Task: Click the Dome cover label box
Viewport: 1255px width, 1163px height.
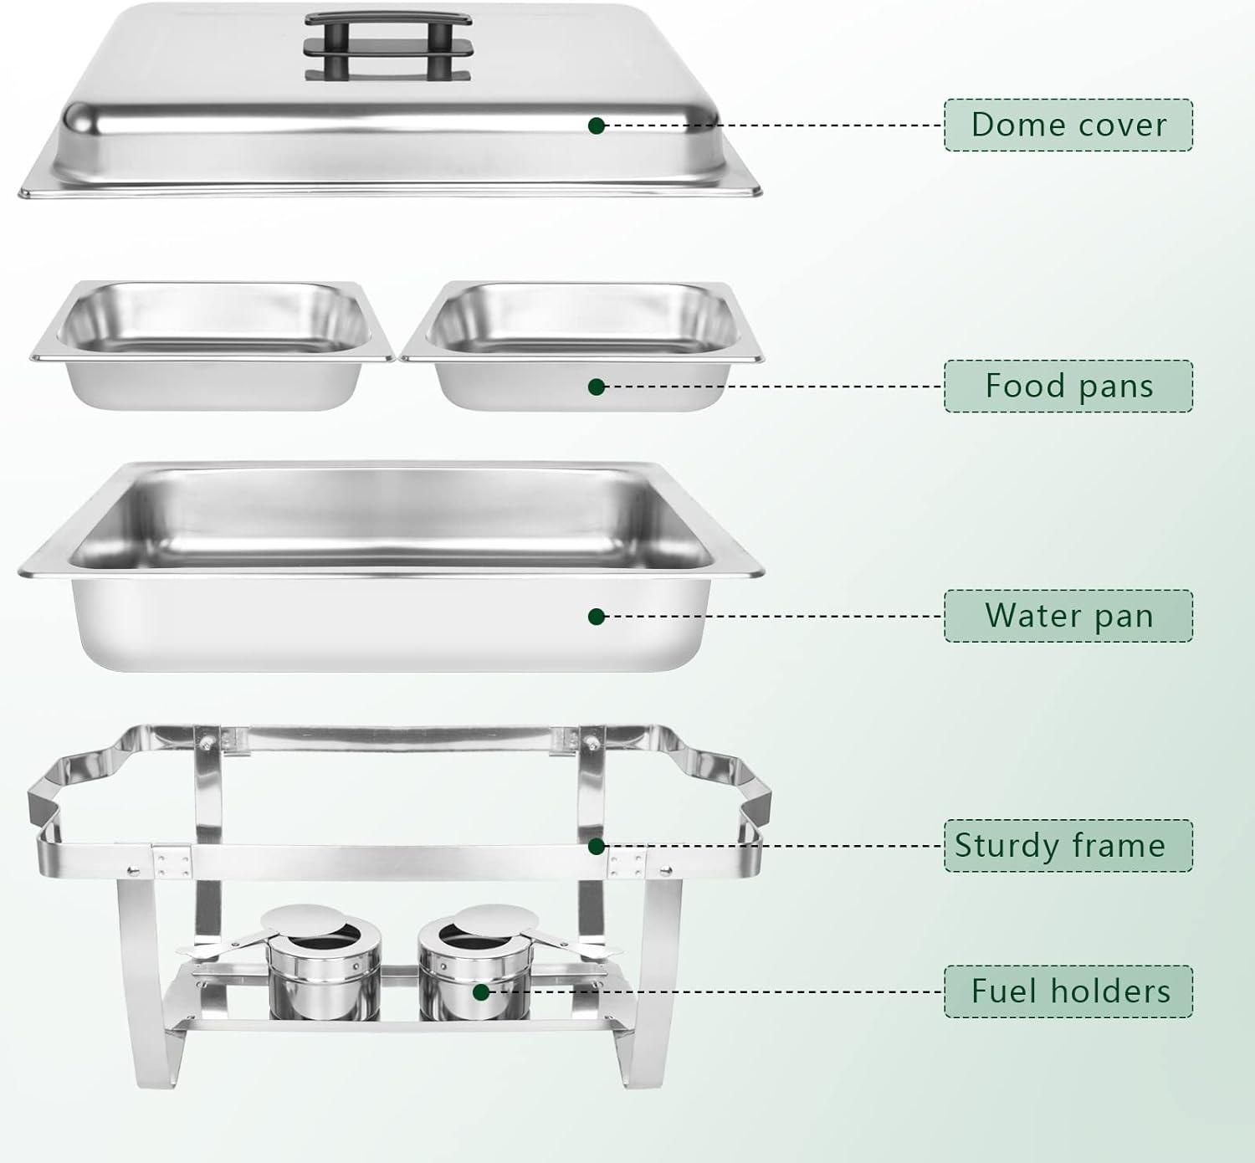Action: (x=1068, y=125)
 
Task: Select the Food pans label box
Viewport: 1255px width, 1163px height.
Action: (x=1068, y=386)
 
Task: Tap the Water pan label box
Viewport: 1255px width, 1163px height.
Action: (x=1068, y=616)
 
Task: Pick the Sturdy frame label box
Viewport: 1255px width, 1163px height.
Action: (x=1068, y=845)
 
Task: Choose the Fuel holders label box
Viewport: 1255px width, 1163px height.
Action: (x=1068, y=991)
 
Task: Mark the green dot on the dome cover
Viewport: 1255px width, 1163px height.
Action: (x=597, y=126)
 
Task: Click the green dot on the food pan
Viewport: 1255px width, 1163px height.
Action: (x=597, y=387)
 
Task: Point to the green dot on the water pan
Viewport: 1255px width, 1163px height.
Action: (x=597, y=617)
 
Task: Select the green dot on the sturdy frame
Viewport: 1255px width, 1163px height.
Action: (x=597, y=846)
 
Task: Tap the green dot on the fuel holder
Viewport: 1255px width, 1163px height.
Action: (x=481, y=992)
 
